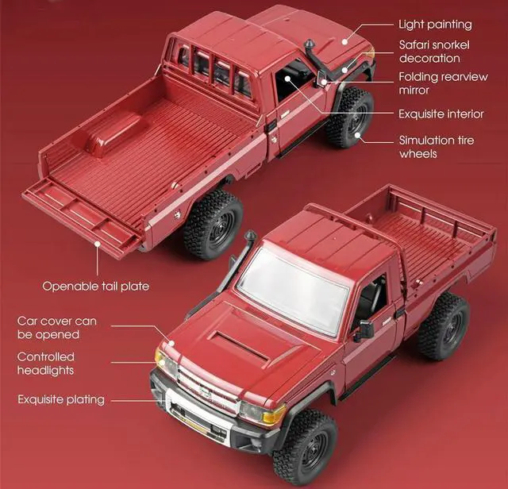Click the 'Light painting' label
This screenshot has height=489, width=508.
point(434,25)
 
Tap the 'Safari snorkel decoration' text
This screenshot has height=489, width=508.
point(429,52)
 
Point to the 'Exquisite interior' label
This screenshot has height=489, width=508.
point(441,114)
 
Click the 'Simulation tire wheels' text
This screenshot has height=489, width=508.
point(437,147)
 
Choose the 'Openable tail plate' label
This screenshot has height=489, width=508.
point(95,286)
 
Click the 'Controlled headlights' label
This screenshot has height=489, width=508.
point(46,364)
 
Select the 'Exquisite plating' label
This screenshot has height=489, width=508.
point(61,399)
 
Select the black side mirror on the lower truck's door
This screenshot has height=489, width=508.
point(364,330)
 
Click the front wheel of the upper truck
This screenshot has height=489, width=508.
point(348,117)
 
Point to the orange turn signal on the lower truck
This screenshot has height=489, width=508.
point(273,415)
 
